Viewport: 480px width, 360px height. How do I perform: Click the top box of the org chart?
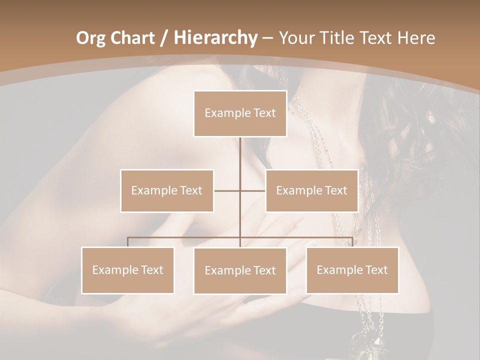pyautogui.click(x=240, y=113)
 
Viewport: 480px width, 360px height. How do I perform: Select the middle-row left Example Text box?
pyautogui.click(x=167, y=190)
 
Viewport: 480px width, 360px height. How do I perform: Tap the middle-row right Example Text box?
pyautogui.click(x=311, y=190)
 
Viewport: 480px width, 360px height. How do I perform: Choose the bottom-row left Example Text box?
pyautogui.click(x=127, y=270)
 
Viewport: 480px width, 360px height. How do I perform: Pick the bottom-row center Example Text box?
pyautogui.click(x=240, y=270)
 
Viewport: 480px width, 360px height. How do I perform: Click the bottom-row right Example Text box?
pyautogui.click(x=352, y=270)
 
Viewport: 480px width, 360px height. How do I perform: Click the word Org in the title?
pyautogui.click(x=91, y=37)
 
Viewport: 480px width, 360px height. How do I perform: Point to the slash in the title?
pyautogui.click(x=164, y=37)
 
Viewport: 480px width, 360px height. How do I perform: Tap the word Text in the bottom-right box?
pyautogui.click(x=376, y=270)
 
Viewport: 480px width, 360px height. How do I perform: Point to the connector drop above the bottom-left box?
pyautogui.click(x=127, y=242)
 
